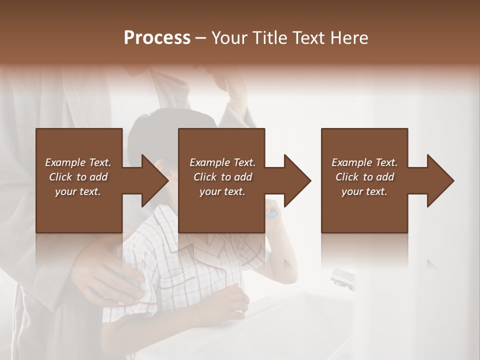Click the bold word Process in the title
click(x=157, y=38)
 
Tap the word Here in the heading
click(x=348, y=38)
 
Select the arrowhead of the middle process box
click(x=297, y=180)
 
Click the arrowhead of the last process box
click(x=440, y=180)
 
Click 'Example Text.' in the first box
click(x=78, y=162)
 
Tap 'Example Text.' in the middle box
click(x=222, y=162)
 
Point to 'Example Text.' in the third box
click(x=364, y=162)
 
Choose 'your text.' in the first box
click(x=78, y=191)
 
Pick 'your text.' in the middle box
click(x=222, y=191)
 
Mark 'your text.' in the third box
click(x=364, y=191)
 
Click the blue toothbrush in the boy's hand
click(x=272, y=213)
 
